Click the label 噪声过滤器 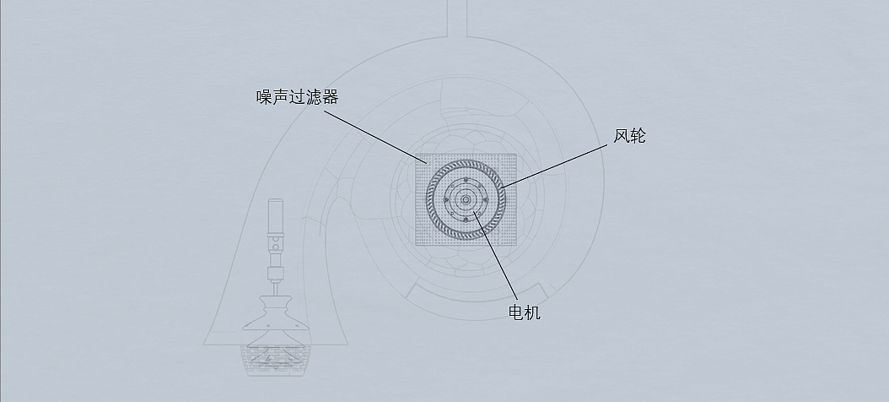coord(298,97)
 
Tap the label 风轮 coord(629,136)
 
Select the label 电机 coord(525,312)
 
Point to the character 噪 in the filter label coord(265,97)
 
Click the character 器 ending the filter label coord(331,97)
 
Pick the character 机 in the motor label coord(533,312)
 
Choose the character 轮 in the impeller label coord(638,136)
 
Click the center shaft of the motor coord(466,199)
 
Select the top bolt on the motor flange coord(466,180)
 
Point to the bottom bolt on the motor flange coord(466,220)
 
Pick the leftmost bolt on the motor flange coord(446,200)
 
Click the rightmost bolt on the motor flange coord(486,200)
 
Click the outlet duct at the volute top coord(455,17)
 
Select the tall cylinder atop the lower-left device coord(275,218)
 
